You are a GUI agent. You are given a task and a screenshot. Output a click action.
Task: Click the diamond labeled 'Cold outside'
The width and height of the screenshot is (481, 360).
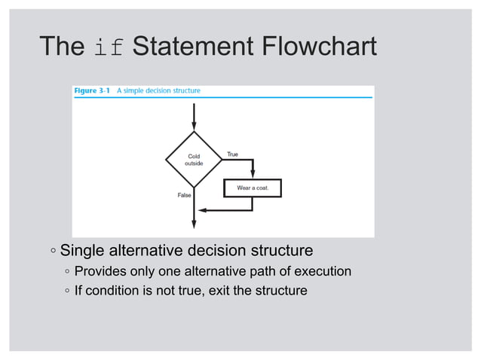pos(194,160)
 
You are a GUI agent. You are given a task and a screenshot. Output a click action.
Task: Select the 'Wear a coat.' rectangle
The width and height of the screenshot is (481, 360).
pos(253,187)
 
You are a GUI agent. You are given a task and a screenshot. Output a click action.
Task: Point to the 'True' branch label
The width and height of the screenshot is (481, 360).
pos(232,154)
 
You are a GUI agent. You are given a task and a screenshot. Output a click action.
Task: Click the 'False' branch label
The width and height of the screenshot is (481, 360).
pos(183,195)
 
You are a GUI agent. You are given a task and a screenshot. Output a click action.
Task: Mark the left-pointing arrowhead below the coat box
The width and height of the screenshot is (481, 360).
pos(201,210)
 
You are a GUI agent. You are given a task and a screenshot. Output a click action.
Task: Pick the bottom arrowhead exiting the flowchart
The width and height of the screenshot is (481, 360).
pos(195,223)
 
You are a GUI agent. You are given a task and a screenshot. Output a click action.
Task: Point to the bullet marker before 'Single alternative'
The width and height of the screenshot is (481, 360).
pos(53,251)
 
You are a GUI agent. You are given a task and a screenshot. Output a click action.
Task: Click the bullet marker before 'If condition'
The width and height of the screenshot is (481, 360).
pos(67,291)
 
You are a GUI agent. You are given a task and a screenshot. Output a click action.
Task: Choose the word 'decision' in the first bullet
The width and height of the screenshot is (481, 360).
pos(217,250)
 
